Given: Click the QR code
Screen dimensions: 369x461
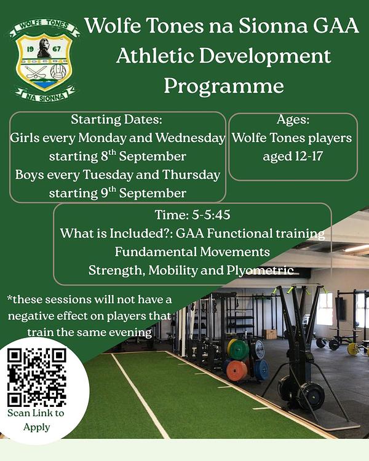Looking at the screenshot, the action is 36,377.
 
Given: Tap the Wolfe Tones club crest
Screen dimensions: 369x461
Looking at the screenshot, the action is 44,61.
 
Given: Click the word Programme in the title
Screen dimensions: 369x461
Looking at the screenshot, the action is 224,86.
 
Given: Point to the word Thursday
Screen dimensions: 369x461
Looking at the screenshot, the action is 191,175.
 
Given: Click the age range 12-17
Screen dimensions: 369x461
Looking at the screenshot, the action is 308,156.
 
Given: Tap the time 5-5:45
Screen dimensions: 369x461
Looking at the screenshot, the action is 211,215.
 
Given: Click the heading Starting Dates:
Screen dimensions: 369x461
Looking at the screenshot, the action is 116,119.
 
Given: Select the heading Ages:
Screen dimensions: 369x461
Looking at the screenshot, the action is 293,119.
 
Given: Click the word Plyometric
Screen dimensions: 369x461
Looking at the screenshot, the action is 260,270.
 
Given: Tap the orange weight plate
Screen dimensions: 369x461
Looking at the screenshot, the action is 237,371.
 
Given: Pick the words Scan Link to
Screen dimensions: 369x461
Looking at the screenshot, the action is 36,413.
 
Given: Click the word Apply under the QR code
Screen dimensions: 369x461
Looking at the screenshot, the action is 36,427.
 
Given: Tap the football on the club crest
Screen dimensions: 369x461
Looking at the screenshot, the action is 58,72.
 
